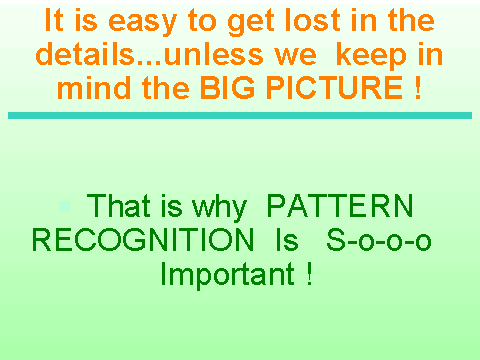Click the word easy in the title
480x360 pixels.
coord(142,22)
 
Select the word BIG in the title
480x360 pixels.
coord(228,88)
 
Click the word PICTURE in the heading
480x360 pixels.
coord(334,88)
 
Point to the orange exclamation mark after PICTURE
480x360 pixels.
coord(418,88)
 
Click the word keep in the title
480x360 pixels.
coord(371,56)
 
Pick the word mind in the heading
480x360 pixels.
coord(94,87)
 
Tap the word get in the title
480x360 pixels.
coord(251,22)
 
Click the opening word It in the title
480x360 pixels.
coord(54,20)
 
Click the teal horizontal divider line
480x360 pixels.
coord(240,115)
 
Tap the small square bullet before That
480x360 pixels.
coord(65,206)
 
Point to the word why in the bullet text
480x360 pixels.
coord(219,208)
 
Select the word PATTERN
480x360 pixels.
coord(340,205)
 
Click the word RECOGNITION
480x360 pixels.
coord(143,240)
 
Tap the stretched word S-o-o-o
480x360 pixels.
coord(379,240)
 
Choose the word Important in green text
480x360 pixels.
coord(228,275)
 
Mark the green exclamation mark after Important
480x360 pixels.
coord(310,274)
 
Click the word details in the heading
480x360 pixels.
coord(85,54)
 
